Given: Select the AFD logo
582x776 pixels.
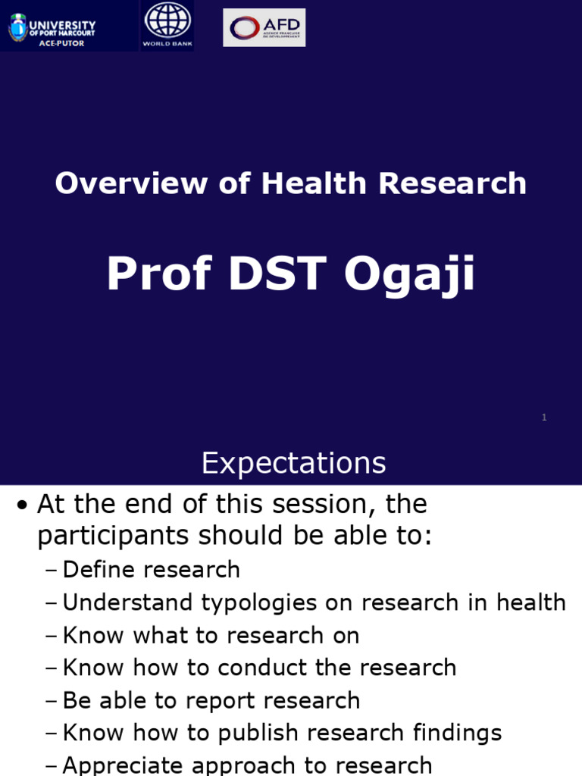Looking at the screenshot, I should click(264, 27).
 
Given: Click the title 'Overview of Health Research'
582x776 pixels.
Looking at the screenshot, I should click(290, 183).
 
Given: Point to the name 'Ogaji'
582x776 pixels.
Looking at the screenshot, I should click(409, 274).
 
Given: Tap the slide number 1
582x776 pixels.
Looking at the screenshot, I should click(544, 417).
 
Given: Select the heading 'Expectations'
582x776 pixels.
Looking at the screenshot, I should click(293, 463).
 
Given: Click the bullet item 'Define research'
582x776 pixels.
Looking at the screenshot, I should click(151, 569).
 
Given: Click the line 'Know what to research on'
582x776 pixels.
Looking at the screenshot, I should click(211, 635).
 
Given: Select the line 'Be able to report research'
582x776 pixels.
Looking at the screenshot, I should click(211, 700).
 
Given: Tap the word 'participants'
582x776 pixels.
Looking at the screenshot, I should click(114, 536).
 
